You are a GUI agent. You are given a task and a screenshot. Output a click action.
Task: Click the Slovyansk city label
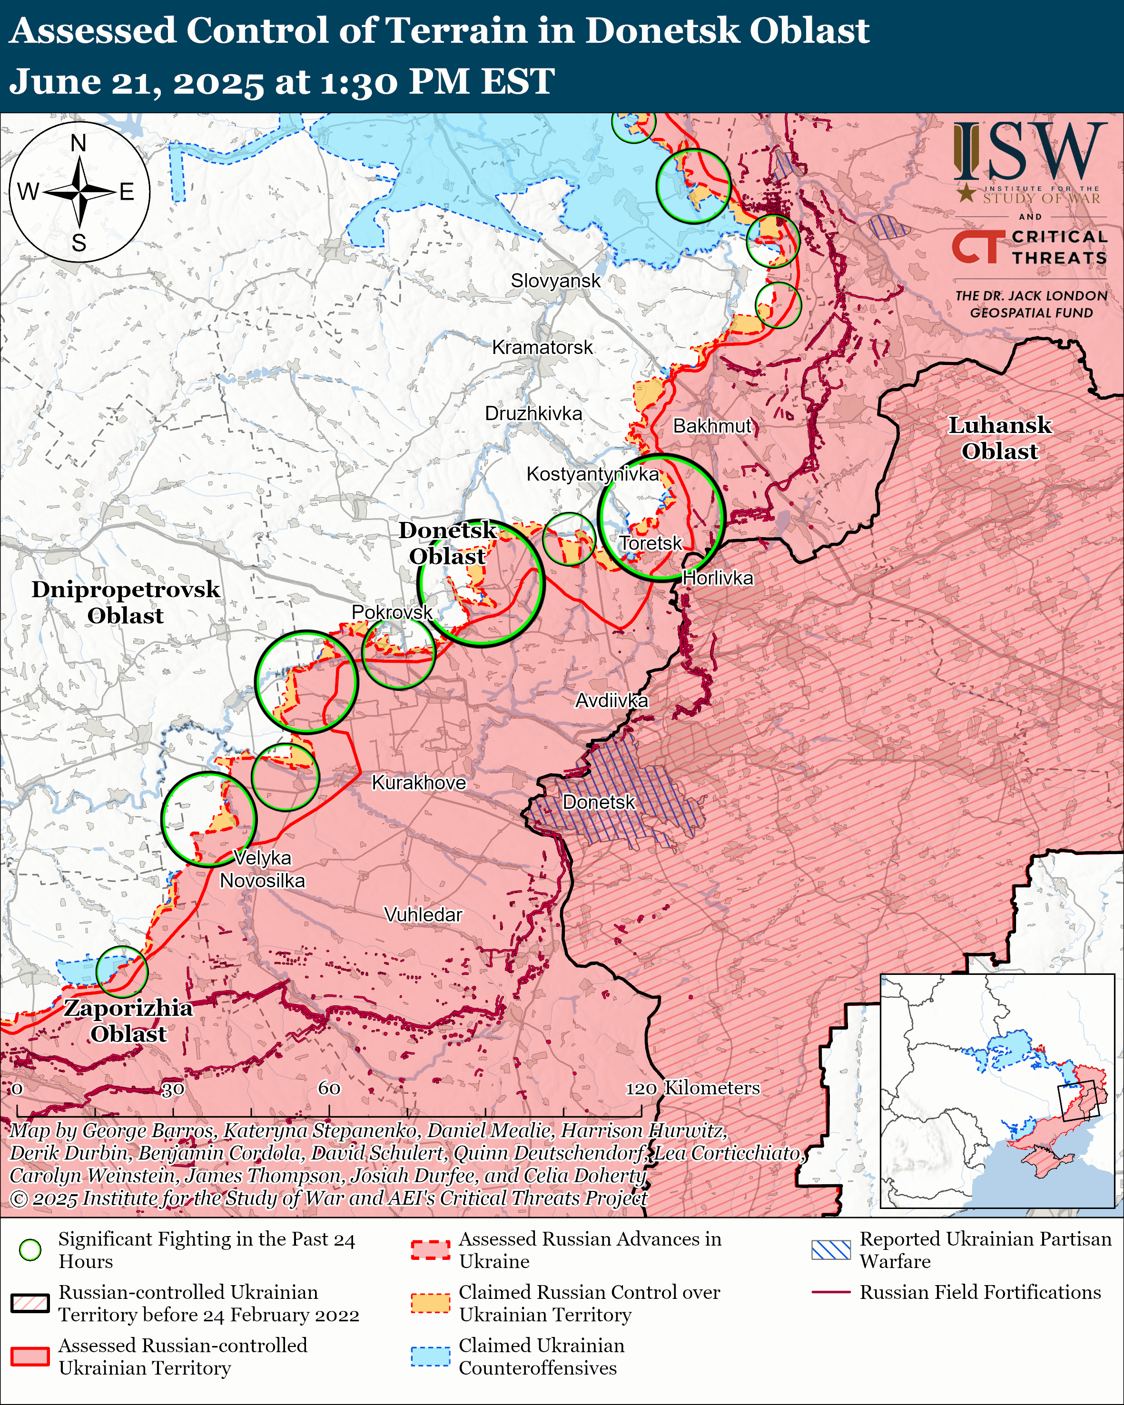pyautogui.click(x=555, y=281)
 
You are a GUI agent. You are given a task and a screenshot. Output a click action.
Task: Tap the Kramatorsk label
pyautogui.click(x=542, y=347)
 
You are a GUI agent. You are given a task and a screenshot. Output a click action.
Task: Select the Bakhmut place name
pyautogui.click(x=712, y=426)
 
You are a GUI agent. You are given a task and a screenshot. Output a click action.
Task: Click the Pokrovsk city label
pyautogui.click(x=392, y=612)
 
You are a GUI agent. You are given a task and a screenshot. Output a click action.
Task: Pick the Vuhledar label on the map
pyautogui.click(x=423, y=915)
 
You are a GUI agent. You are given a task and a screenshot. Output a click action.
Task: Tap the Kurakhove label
pyautogui.click(x=418, y=783)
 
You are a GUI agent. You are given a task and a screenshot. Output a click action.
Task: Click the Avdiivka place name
pyautogui.click(x=611, y=700)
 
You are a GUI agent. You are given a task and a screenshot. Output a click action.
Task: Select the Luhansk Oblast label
pyautogui.click(x=999, y=438)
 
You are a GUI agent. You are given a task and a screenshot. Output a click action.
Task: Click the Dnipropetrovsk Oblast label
pyautogui.click(x=126, y=602)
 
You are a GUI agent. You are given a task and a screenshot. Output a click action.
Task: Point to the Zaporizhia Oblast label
pyautogui.click(x=128, y=1021)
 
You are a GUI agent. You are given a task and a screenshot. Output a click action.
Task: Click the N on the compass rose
pyautogui.click(x=78, y=143)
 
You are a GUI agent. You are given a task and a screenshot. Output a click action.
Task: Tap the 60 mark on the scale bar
pyautogui.click(x=329, y=1088)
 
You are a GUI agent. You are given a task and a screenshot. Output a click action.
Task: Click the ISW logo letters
pyautogui.click(x=1029, y=153)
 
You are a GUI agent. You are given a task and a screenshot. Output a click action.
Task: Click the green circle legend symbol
pyautogui.click(x=30, y=1249)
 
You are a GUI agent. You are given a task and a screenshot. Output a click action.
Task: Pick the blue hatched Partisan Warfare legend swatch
pyautogui.click(x=831, y=1249)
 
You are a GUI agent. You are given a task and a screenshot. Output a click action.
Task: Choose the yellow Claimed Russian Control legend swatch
pyautogui.click(x=430, y=1303)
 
